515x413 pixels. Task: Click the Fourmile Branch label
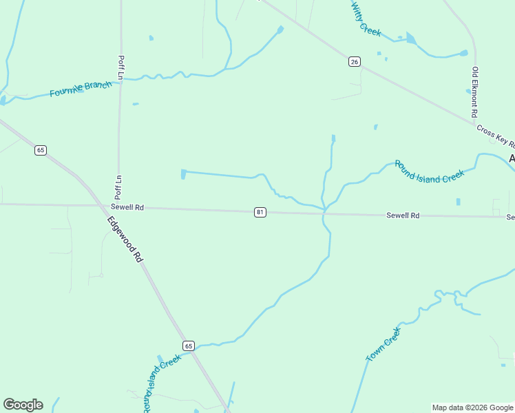81,89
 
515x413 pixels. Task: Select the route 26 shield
354,62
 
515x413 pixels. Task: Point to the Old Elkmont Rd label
474,92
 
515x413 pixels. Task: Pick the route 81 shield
260,212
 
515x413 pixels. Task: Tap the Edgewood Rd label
125,239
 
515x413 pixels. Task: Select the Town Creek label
383,344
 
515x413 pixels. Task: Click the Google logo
23,405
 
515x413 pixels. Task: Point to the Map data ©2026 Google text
472,407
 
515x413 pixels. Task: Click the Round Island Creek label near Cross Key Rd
429,171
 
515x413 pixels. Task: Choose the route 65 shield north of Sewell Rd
41,150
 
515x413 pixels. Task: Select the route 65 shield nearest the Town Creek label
189,346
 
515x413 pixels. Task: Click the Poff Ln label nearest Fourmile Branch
120,67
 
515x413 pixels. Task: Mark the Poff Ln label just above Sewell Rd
118,186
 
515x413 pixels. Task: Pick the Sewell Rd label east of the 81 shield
403,215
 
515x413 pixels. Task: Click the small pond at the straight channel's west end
183,174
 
